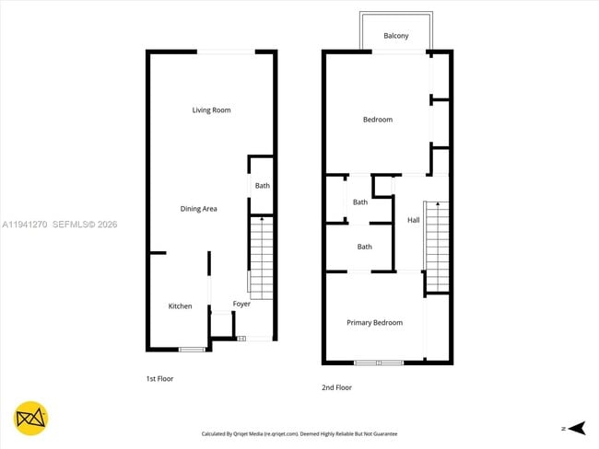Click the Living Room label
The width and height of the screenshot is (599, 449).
[211, 110]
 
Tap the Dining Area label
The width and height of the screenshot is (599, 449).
[198, 209]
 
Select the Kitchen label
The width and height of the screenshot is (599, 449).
[180, 306]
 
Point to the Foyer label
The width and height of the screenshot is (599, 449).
[241, 304]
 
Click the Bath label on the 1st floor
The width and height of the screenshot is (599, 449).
[263, 186]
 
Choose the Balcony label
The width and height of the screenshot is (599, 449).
[396, 36]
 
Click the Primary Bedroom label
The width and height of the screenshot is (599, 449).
[374, 323]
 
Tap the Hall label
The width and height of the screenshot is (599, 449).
[414, 220]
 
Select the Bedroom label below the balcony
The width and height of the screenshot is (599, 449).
[377, 120]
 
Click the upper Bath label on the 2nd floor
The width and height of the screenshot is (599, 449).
[360, 202]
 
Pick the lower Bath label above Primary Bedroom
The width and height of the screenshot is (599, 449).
[365, 247]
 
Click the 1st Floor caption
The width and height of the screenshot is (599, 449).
[159, 379]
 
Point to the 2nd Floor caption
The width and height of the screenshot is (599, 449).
[336, 388]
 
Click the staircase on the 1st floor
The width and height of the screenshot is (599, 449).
[263, 258]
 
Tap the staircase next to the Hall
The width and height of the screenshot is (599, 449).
[437, 244]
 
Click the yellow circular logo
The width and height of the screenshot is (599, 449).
[32, 419]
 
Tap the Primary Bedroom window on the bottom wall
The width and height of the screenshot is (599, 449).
[379, 363]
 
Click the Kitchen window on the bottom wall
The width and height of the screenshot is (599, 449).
[192, 349]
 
